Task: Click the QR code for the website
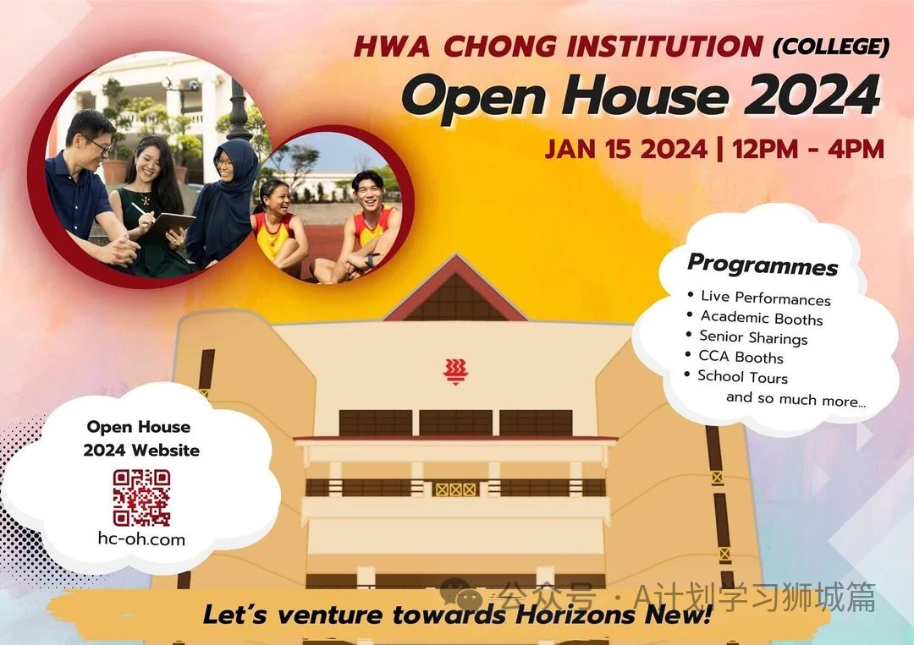click(x=141, y=498)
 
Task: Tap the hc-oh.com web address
click(x=141, y=539)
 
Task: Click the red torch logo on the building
click(x=456, y=371)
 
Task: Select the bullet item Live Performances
click(x=765, y=298)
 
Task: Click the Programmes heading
click(x=763, y=265)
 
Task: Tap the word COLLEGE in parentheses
click(x=831, y=46)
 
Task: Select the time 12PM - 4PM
click(x=808, y=149)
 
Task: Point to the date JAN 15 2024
click(x=626, y=149)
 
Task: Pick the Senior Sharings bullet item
click(x=753, y=337)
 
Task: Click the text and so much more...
click(x=796, y=399)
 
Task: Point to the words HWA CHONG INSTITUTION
click(x=558, y=46)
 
